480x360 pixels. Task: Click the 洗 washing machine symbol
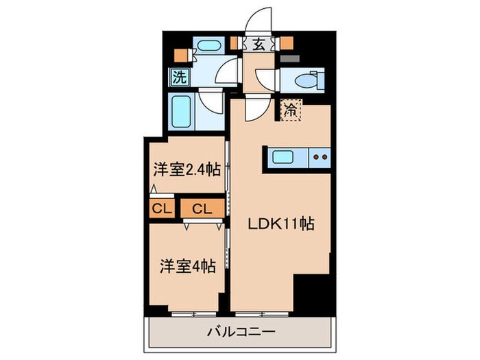point(178,77)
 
